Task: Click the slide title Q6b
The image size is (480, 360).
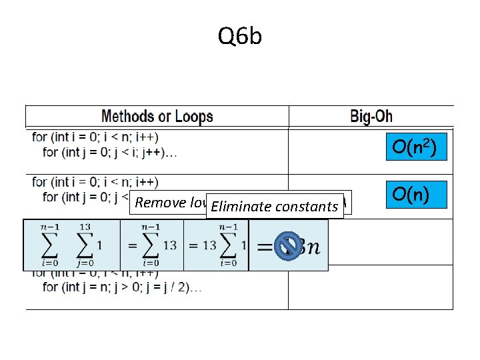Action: coord(240,37)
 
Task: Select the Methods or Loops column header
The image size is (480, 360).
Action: coord(157,117)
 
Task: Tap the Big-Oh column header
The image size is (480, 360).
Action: coord(371,117)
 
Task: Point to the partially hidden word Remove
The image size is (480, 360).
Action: coord(155,203)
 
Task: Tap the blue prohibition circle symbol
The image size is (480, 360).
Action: coord(288,245)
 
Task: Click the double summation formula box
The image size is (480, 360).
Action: coord(71,245)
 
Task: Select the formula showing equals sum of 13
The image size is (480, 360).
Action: coord(151,245)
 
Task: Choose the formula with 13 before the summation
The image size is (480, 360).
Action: coord(215,245)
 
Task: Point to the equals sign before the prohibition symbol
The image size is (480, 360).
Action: coord(264,247)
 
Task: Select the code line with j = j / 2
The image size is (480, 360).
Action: coord(123,287)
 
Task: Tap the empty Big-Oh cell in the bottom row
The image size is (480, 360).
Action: coord(370,287)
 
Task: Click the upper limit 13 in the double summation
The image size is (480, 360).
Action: coord(85,227)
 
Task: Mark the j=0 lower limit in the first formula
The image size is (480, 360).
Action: coord(85,263)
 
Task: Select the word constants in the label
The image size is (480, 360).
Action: coord(307,207)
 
